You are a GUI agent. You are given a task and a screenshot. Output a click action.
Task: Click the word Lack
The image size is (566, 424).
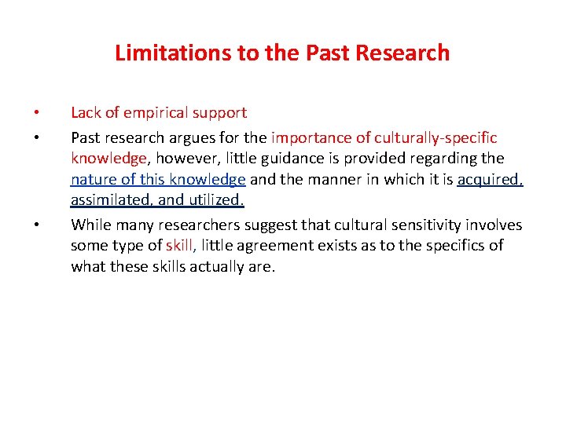[x=86, y=113]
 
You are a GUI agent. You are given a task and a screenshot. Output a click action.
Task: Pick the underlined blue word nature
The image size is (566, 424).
[x=93, y=179]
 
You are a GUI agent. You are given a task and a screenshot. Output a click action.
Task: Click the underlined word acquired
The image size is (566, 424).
[x=491, y=179]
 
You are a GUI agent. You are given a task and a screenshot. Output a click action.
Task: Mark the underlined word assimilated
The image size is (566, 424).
[x=111, y=200]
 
